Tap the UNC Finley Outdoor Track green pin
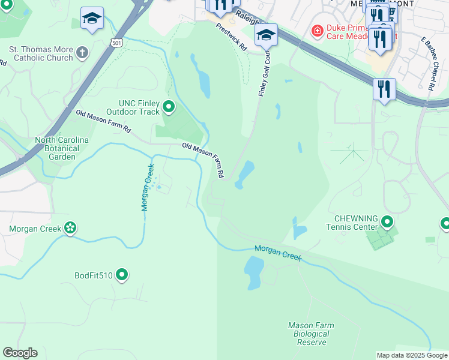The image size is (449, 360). (x=169, y=107)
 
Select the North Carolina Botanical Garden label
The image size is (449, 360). (x=62, y=148)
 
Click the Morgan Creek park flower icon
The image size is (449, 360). (x=70, y=228)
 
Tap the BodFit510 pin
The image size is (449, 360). (x=122, y=275)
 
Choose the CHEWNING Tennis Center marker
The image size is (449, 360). (x=387, y=223)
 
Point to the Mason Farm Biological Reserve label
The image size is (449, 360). (x=311, y=334)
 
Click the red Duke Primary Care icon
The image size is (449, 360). (x=316, y=30)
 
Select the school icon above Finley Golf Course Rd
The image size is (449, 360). (x=265, y=35)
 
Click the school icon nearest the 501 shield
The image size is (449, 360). (x=92, y=19)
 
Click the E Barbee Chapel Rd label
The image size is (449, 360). (x=428, y=63)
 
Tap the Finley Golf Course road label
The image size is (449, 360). (x=264, y=76)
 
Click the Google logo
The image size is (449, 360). (x=20, y=353)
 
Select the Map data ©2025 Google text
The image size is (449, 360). (x=411, y=355)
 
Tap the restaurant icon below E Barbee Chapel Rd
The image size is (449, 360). (x=384, y=90)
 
